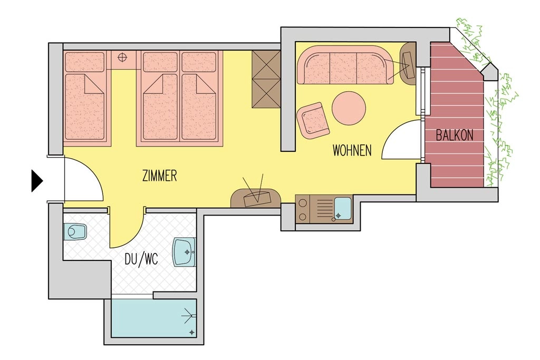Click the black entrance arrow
(36, 181)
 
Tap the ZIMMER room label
(159, 176)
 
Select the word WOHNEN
(352, 150)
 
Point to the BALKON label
(454, 135)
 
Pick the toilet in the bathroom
(75, 231)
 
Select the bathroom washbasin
(184, 252)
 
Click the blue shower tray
(153, 318)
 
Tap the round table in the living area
(349, 109)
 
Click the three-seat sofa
(344, 65)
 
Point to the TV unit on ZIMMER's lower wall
(256, 198)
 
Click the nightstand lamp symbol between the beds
(123, 57)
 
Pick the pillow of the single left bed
(84, 62)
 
